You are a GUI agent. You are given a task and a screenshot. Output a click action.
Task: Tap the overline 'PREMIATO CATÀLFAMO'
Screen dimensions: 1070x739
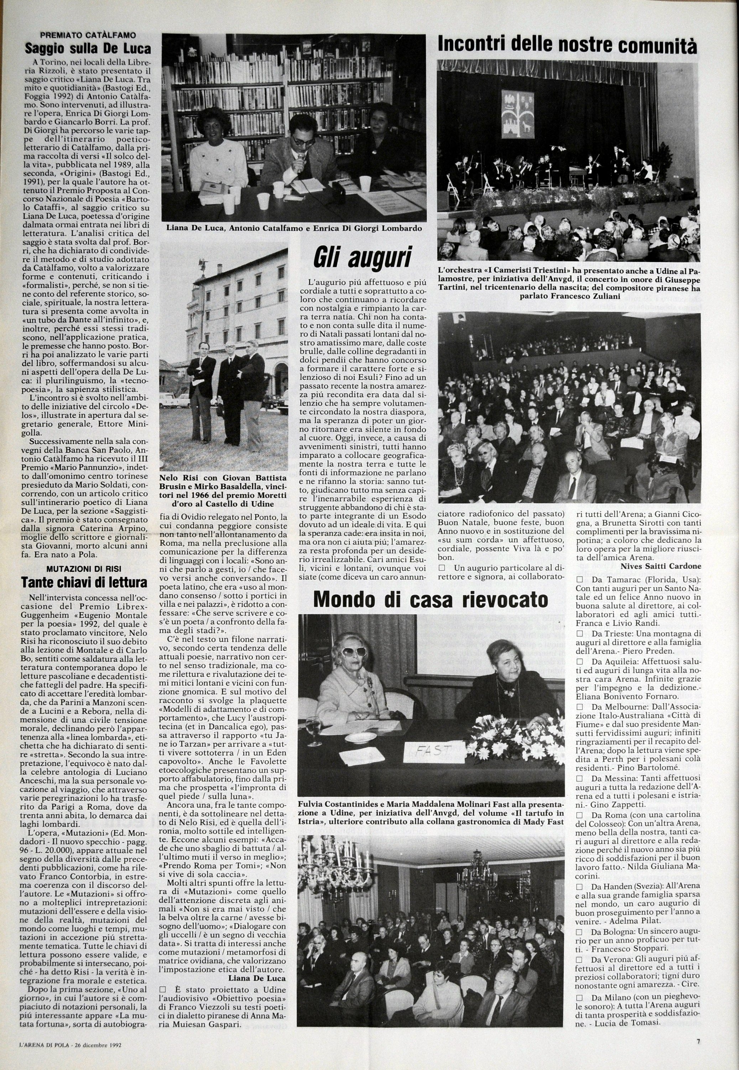[88, 35]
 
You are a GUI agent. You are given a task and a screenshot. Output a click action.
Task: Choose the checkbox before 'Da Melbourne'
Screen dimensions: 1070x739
[579, 707]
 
